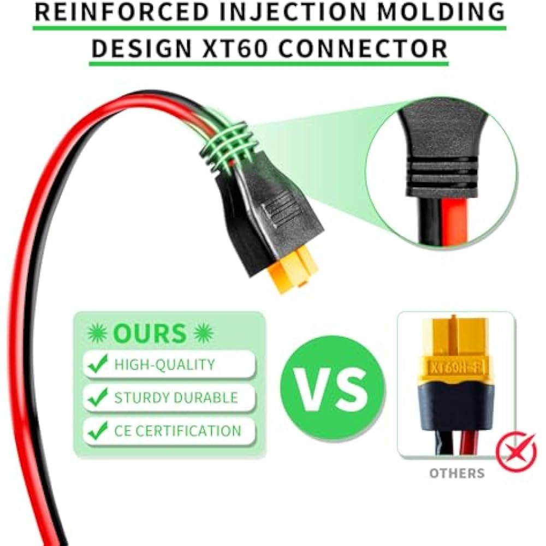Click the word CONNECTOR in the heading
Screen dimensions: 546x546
363,48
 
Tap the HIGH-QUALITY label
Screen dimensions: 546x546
164,364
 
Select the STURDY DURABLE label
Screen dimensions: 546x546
176,397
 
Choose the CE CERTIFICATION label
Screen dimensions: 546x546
177,431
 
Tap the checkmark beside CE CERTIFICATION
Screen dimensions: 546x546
98,431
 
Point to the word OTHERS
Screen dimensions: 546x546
456,473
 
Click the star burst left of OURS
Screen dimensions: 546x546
97,333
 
